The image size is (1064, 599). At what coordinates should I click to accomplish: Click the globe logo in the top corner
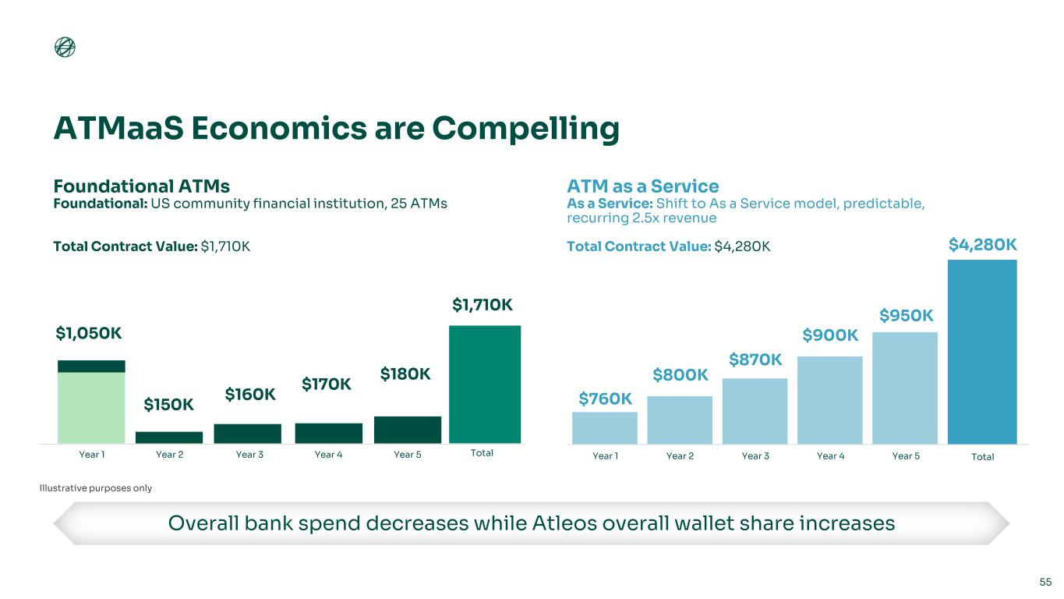65,47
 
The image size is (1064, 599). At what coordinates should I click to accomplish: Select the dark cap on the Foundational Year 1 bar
91,366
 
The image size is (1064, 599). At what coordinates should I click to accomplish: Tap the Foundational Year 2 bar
169,438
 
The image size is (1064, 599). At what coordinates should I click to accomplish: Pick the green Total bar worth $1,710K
485,384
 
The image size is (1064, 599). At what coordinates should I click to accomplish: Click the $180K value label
405,374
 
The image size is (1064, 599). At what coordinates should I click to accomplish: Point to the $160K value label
250,394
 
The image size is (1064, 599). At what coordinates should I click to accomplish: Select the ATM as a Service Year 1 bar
605,428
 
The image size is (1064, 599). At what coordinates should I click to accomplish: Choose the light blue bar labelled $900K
830,400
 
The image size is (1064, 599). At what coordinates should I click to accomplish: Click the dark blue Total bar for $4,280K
982,352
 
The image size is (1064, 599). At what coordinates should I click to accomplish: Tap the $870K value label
755,360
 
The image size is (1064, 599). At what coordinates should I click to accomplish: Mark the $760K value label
605,399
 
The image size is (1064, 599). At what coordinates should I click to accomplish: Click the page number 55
1045,582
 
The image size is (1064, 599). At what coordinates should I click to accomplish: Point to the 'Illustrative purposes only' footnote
95,487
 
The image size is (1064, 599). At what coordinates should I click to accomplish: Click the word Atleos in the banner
564,523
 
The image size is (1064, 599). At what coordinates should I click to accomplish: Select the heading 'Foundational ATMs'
142,186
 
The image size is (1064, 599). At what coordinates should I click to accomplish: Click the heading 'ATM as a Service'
642,186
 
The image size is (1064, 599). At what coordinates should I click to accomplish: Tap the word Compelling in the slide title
525,129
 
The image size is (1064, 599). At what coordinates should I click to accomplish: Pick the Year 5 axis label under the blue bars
906,456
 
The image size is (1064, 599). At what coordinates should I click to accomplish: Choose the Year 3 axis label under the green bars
249,455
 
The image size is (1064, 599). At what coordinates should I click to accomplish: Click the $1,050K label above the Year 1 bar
89,333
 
